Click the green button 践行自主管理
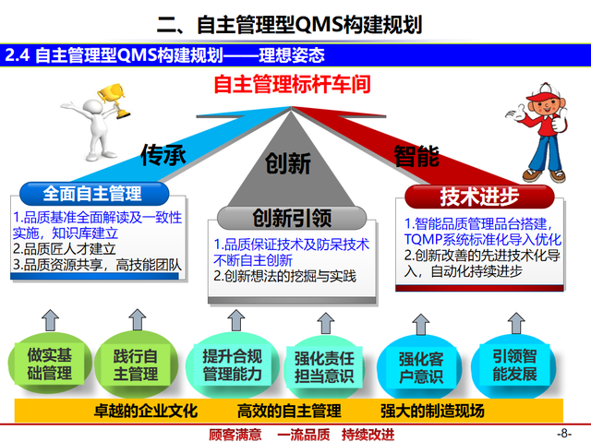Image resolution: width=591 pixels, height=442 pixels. tap(136, 363)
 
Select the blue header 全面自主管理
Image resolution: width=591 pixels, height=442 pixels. tap(91, 194)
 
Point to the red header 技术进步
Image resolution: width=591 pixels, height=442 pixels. tap(478, 196)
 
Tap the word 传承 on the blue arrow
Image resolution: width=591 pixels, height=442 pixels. tap(163, 154)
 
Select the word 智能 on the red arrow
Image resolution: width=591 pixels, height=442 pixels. tap(417, 154)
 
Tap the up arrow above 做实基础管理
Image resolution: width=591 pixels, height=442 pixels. tap(51, 322)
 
